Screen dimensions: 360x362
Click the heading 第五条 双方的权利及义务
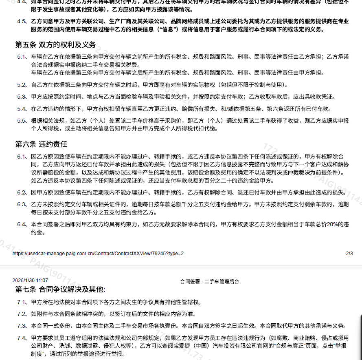coord(55,44)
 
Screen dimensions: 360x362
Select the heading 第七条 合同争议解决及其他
coord(60,289)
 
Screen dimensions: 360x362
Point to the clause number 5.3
coord(22,97)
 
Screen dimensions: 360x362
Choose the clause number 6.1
coord(22,156)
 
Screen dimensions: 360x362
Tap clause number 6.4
coord(22,224)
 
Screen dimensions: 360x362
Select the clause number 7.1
coord(22,302)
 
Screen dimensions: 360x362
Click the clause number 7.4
coord(22,338)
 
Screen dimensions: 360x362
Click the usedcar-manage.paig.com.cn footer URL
coord(98,253)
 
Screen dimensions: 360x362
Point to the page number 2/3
coord(349,253)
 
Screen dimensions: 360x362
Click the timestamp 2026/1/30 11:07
coord(30,280)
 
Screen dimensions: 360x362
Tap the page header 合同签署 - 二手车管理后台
coord(209,281)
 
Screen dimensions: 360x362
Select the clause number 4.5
coord(22,21)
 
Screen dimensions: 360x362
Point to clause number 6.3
coord(22,204)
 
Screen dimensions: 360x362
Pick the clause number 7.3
coord(22,326)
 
